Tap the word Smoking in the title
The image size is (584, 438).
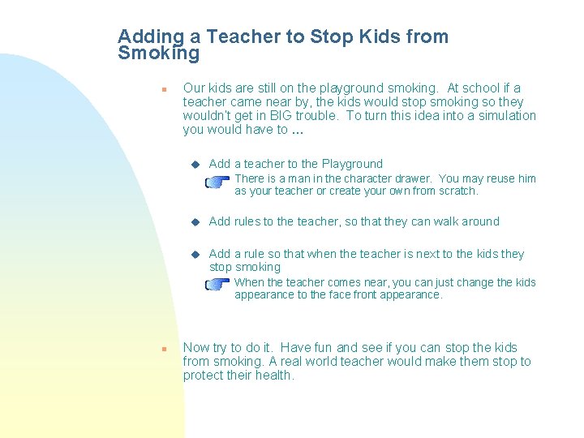(158, 54)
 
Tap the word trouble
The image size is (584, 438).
(321, 116)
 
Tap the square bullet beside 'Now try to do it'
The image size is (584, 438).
(163, 349)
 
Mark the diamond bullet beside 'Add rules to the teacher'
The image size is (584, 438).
(195, 221)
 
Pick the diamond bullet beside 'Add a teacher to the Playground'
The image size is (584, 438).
(195, 165)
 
